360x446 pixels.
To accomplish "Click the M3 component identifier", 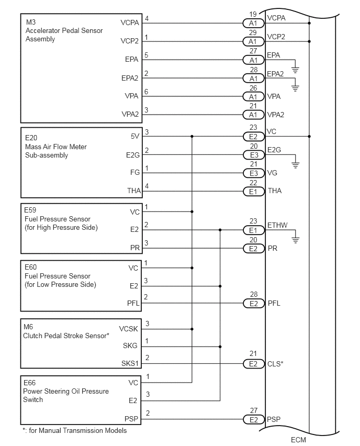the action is (31, 22).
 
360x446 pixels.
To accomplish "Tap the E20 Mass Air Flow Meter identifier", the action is (31, 138).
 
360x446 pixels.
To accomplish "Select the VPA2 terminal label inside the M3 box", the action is (130, 114).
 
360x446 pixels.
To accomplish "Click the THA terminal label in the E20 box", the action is (134, 191).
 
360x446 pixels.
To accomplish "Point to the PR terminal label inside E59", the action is (135, 248).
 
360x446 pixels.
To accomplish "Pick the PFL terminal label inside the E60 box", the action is (133, 303).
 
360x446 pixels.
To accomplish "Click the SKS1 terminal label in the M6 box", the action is (130, 363).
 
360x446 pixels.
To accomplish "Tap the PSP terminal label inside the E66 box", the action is (131, 419).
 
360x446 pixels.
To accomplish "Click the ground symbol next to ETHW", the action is (296, 240).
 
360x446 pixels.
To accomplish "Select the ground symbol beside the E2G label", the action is (296, 165).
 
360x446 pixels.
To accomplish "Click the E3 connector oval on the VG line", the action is (254, 173).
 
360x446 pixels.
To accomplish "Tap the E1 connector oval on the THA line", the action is (254, 192).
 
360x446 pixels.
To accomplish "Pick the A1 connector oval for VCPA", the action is (253, 24).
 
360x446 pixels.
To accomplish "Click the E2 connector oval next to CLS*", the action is (254, 364).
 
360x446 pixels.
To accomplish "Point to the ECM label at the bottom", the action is (298, 440).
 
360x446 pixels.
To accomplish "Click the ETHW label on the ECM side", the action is (277, 225).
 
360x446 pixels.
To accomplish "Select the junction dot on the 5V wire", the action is (192, 137).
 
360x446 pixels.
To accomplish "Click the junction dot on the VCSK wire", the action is (192, 329).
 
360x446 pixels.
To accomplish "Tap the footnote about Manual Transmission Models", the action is (75, 431).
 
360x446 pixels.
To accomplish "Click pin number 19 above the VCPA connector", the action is (253, 14).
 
